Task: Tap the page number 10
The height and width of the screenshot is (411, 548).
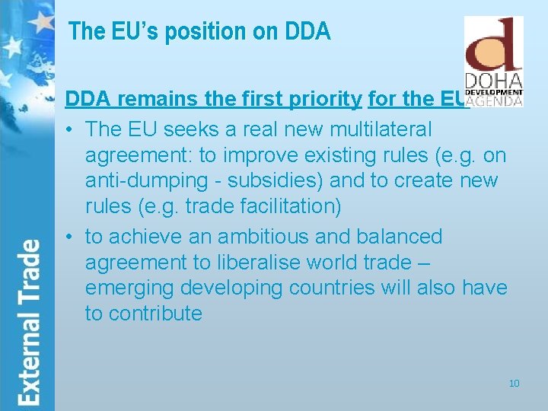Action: tap(514, 383)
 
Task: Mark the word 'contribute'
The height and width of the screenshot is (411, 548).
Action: tap(155, 314)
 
